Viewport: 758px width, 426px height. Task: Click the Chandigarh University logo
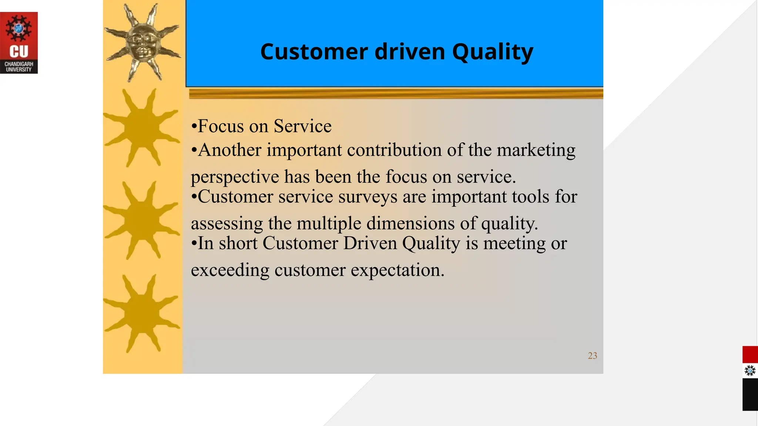[x=19, y=43]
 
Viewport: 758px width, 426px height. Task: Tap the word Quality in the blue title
[x=492, y=52]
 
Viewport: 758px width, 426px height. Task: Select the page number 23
[x=592, y=356]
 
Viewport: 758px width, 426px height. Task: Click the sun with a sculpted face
[x=142, y=43]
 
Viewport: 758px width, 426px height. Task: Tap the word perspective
[x=235, y=177]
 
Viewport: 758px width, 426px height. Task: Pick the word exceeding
[x=230, y=270]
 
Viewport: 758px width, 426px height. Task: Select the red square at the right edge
[x=750, y=355]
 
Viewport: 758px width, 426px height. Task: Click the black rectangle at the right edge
[x=750, y=394]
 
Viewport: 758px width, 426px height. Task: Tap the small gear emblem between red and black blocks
[x=750, y=371]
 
